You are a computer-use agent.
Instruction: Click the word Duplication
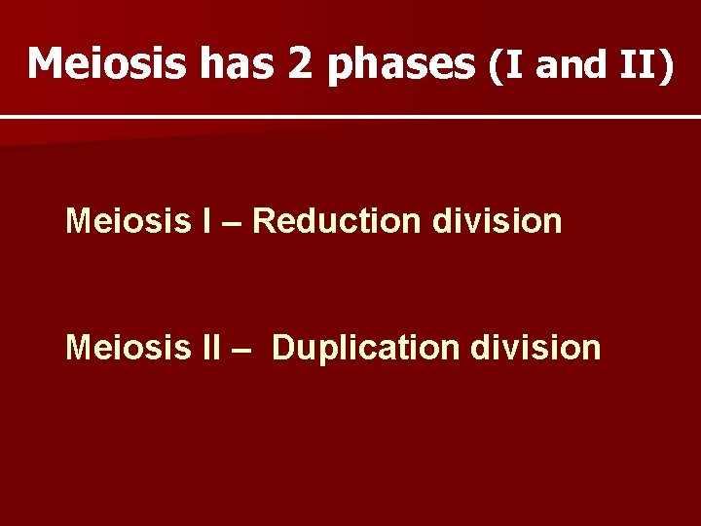[354, 348]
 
